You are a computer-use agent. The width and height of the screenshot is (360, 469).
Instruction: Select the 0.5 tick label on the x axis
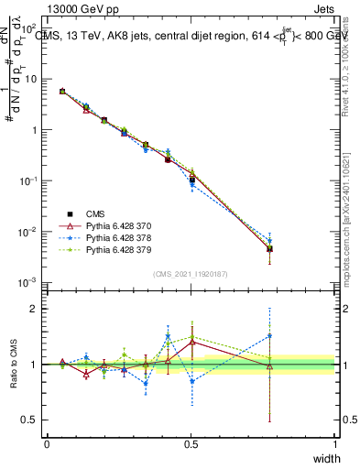191,443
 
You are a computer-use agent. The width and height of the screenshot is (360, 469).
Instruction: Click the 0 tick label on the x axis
47,443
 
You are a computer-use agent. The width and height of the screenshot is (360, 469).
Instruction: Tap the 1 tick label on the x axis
334,443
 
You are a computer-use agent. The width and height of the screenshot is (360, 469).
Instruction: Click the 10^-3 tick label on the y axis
27,283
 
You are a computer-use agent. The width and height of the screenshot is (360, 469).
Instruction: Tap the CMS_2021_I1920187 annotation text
191,273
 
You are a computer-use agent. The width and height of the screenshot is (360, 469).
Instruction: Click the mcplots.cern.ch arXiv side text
351,220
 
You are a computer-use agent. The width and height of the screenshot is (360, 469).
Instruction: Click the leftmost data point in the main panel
62,92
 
